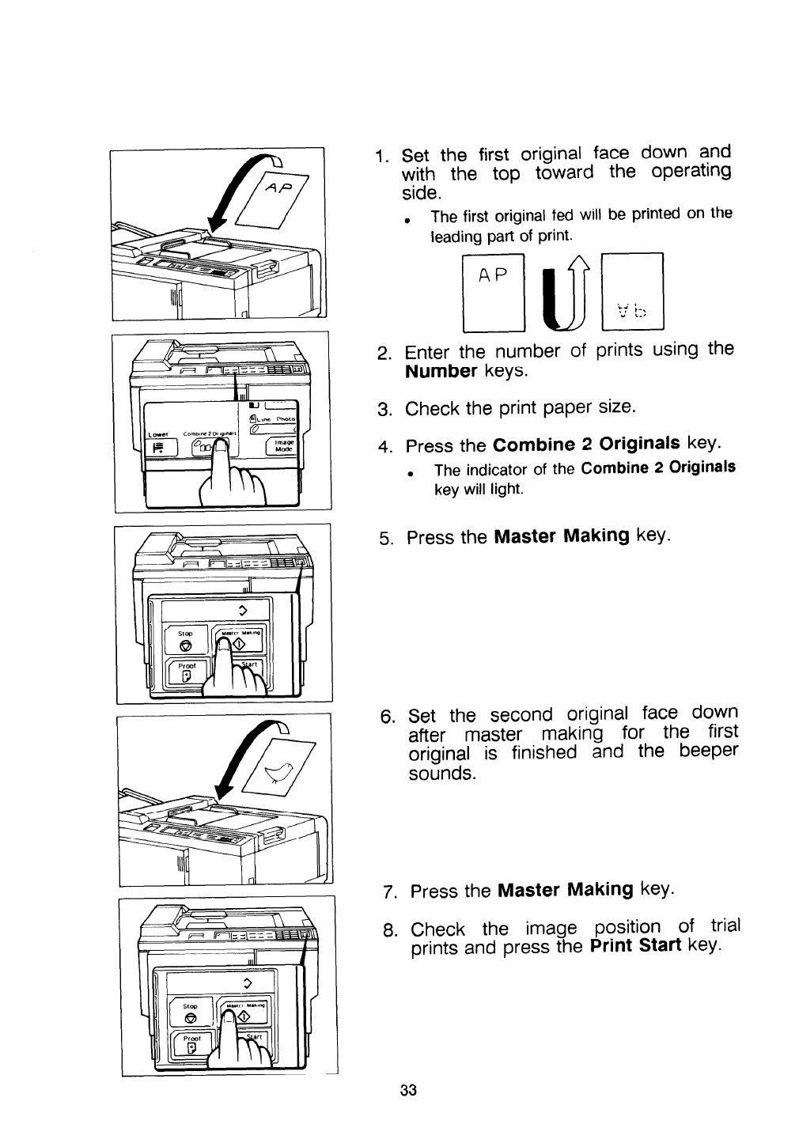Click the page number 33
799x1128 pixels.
408,1090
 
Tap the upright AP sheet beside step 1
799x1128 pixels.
494,290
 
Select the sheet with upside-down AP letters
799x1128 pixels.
632,290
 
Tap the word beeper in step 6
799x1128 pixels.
708,750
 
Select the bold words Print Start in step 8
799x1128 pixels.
635,946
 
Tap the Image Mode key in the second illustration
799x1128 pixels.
280,445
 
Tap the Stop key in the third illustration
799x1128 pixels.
185,641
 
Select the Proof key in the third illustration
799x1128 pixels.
186,672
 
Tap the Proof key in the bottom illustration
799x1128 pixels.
191,1045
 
